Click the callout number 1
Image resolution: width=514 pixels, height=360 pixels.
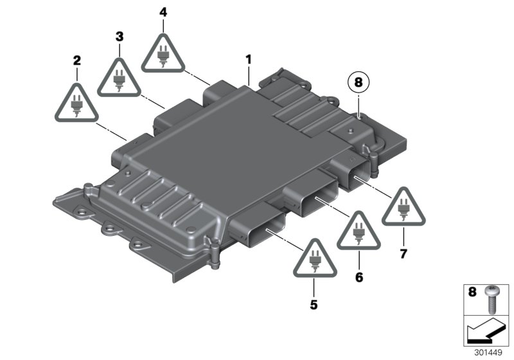(x=249, y=60)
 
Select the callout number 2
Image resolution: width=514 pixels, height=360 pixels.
(x=77, y=61)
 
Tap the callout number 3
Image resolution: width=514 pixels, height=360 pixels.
(x=120, y=37)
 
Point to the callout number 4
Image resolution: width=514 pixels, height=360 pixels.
(x=163, y=12)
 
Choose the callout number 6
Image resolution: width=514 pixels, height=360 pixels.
(x=359, y=277)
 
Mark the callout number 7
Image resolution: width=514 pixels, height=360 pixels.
(x=403, y=254)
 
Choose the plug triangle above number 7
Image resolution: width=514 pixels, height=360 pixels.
(x=403, y=207)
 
